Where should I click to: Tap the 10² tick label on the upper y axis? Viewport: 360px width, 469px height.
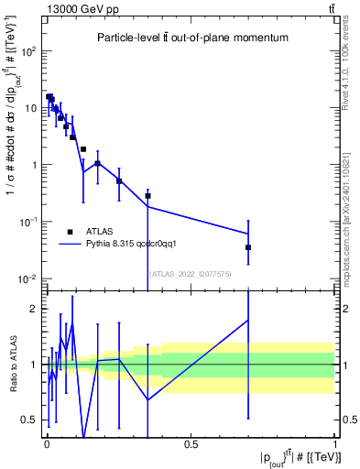tap(27, 51)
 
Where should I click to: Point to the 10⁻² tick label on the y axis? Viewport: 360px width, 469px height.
tap(27, 278)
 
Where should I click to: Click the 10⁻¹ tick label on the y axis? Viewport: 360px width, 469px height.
tap(27, 222)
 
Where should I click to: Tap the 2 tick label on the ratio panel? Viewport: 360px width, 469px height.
tap(33, 309)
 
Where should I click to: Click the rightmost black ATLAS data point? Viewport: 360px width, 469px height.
tap(248, 247)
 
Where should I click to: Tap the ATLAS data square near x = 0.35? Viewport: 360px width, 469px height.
tap(147, 196)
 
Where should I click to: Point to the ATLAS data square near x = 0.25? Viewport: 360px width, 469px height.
tap(119, 181)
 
